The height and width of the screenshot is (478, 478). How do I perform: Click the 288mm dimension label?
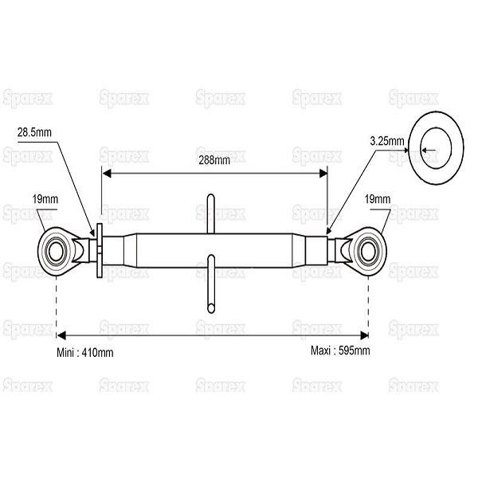point(214,160)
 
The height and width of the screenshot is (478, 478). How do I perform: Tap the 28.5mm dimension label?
point(34,132)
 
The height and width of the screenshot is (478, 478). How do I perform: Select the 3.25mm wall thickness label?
point(387,141)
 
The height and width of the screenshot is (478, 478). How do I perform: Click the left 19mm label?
point(45,199)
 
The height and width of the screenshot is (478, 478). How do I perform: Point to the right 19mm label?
point(378,199)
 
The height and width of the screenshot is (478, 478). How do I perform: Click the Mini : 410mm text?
point(85,353)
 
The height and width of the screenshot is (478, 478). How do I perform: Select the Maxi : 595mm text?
point(340,351)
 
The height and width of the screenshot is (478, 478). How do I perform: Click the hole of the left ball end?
point(56,252)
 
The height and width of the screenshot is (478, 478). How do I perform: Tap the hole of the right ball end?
point(368,252)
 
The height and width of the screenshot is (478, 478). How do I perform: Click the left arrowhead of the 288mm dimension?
point(107,174)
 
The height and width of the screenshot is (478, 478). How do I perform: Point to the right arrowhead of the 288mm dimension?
point(323,174)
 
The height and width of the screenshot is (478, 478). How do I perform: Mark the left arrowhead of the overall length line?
point(61,335)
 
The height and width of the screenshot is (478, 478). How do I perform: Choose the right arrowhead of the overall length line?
point(364,335)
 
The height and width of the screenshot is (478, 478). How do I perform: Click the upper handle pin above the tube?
point(210,214)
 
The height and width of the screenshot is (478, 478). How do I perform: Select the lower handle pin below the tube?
point(211,284)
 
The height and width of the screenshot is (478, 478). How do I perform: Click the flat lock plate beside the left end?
point(100,251)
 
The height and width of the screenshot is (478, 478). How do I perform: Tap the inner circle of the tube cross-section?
point(436,148)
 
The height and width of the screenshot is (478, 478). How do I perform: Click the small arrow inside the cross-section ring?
point(429,150)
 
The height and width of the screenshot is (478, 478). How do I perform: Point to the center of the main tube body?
point(214,251)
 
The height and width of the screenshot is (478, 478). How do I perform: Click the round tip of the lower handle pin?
point(211,308)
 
